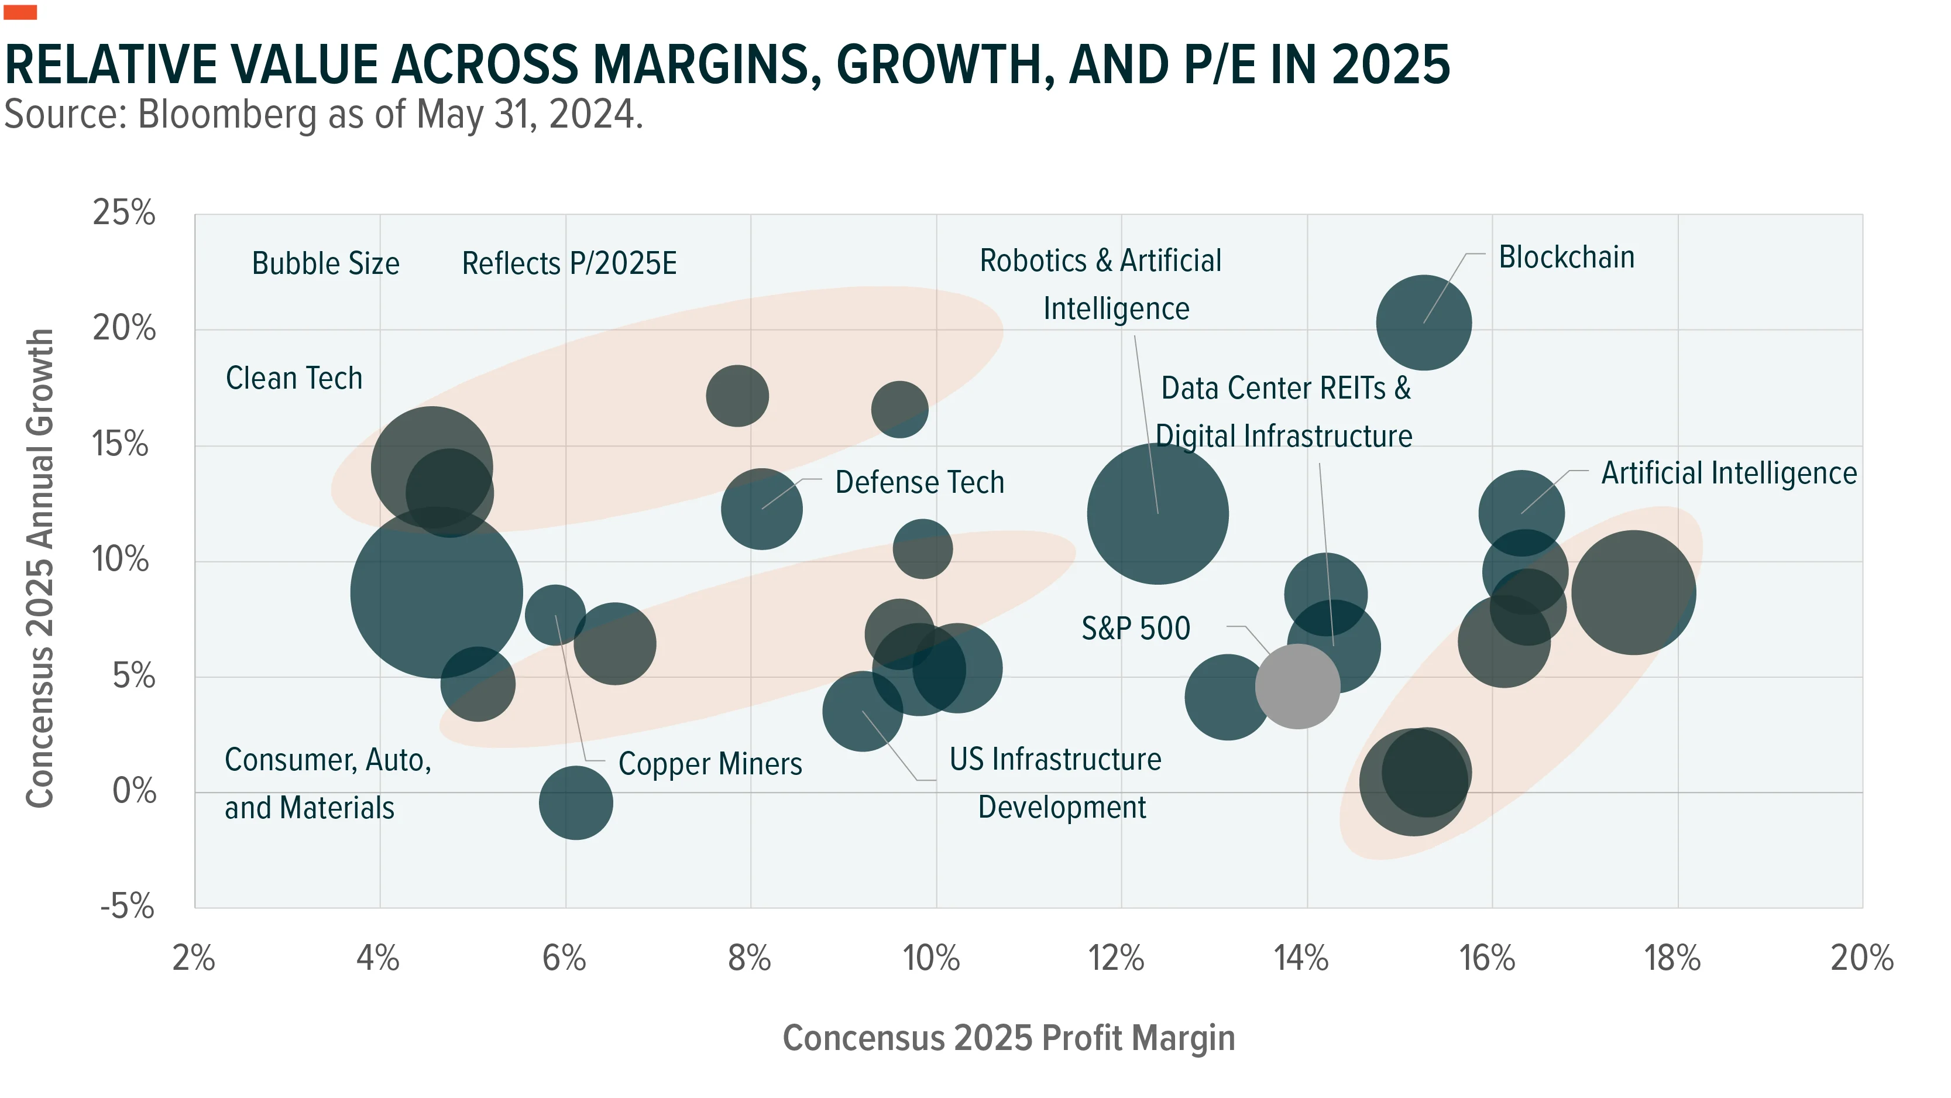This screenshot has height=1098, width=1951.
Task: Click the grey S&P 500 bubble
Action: pyautogui.click(x=1297, y=687)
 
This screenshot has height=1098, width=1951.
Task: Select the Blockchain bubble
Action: pyautogui.click(x=1424, y=323)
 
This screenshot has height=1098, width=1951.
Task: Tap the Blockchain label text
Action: pyautogui.click(x=1567, y=258)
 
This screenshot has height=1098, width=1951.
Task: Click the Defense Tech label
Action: pyautogui.click(x=919, y=482)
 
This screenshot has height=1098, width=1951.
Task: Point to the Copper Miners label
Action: pyautogui.click(x=710, y=764)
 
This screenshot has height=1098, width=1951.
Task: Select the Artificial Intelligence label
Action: pyautogui.click(x=1729, y=473)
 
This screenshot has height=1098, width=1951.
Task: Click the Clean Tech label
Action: pyautogui.click(x=294, y=378)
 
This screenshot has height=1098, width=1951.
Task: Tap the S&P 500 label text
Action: pyautogui.click(x=1135, y=628)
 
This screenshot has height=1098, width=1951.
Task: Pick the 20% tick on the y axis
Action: pyautogui.click(x=124, y=328)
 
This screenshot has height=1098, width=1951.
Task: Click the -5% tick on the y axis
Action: pyautogui.click(x=127, y=906)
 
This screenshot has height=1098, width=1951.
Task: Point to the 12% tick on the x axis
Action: pyautogui.click(x=1117, y=959)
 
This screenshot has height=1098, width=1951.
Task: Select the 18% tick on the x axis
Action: pyautogui.click(x=1672, y=959)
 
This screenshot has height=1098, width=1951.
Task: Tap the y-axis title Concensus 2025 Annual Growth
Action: pyautogui.click(x=40, y=568)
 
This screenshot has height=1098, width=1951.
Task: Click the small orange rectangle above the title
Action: pyautogui.click(x=20, y=12)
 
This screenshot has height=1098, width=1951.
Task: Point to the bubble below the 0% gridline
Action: pyautogui.click(x=576, y=803)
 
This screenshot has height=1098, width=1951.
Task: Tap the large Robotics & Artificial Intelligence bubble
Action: pyautogui.click(x=1157, y=514)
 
